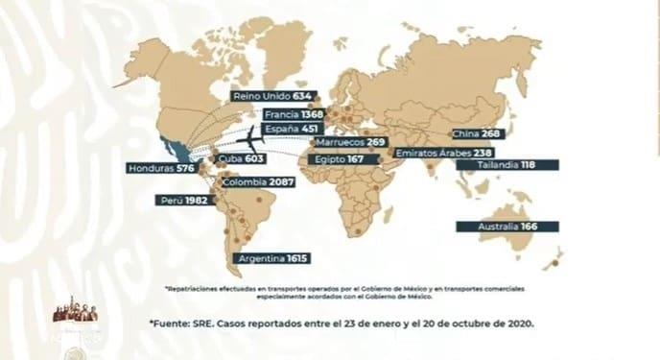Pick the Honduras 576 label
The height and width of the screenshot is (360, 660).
(160, 169)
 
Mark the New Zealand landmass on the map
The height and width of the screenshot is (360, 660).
(554, 258)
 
